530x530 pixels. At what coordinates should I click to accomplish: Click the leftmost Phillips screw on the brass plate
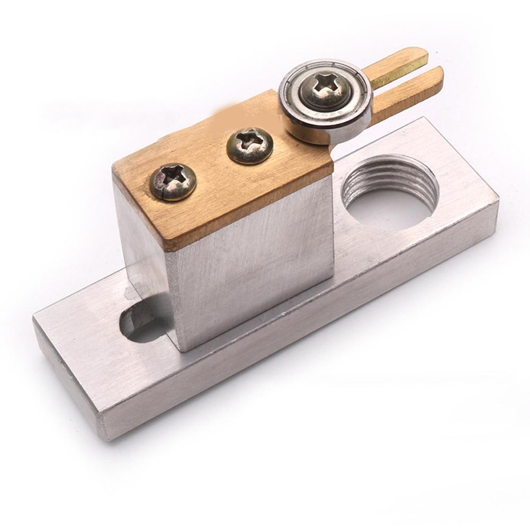pos(173,182)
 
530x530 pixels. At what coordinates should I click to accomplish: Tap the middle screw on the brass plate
pos(250,146)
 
